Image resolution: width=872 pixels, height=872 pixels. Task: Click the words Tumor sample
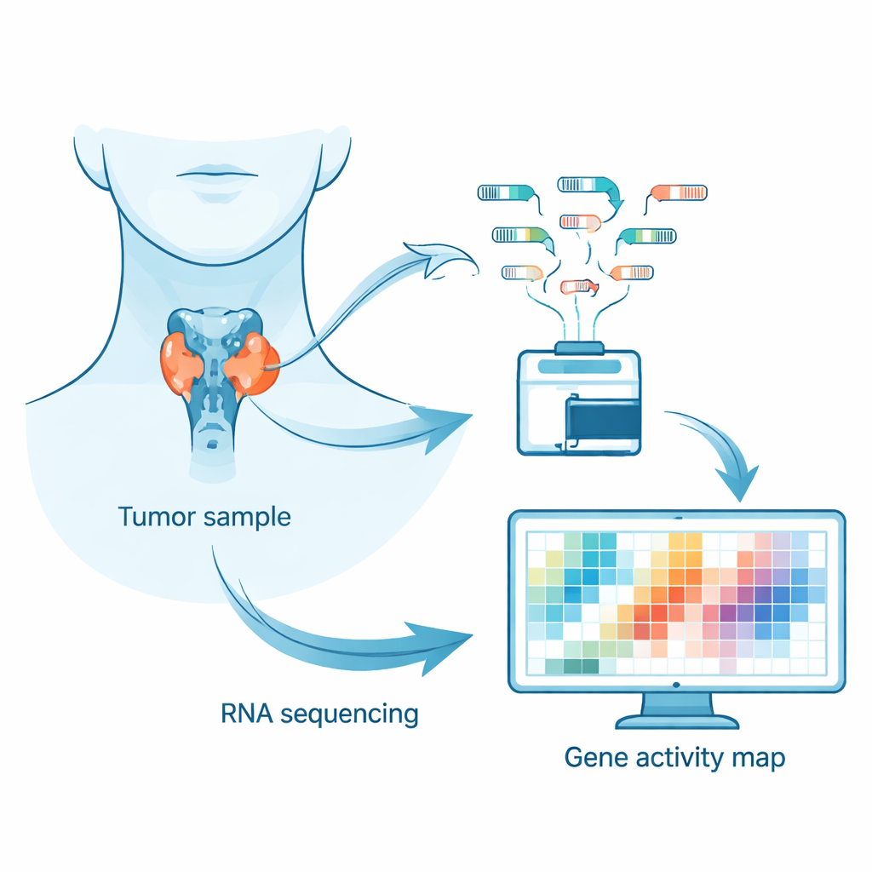204,517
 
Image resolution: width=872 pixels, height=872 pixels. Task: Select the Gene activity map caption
674,757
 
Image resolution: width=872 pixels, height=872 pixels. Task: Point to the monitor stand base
677,721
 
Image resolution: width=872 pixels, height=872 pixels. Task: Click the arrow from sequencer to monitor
724,460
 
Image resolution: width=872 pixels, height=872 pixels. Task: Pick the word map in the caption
758,759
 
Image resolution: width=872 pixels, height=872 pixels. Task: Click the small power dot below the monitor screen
676,685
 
